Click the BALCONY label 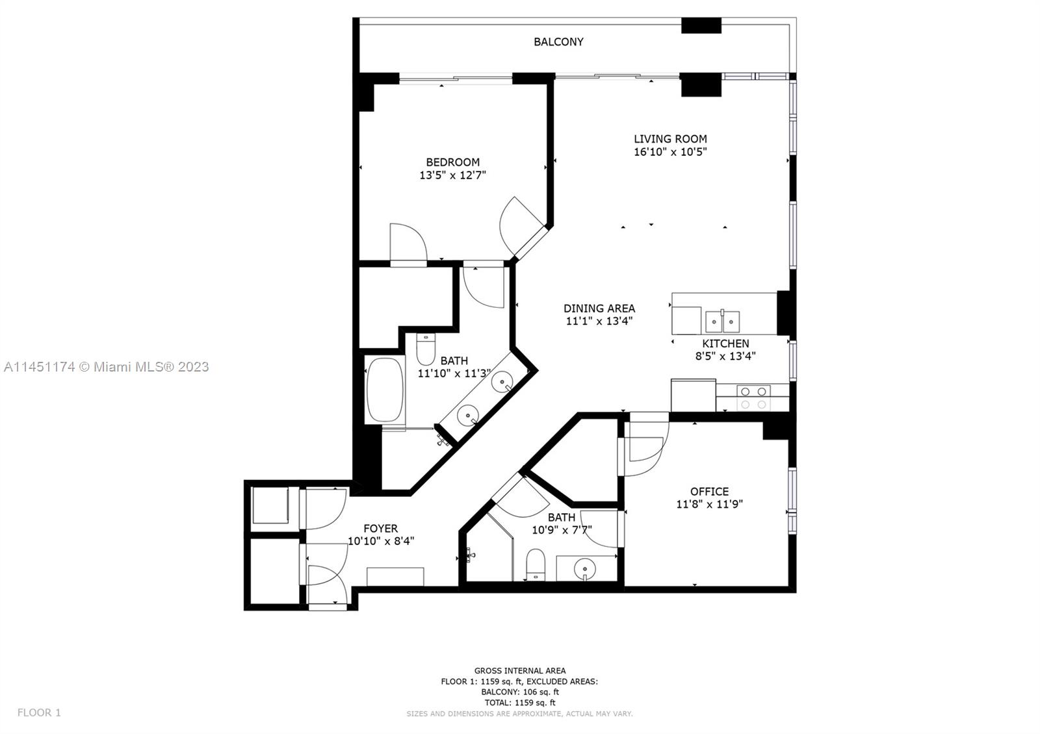click(x=558, y=42)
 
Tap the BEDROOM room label click(x=452, y=162)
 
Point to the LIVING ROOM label click(x=670, y=139)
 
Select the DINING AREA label click(x=599, y=308)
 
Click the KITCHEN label click(x=725, y=344)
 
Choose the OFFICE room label click(x=709, y=491)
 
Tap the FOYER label click(x=380, y=529)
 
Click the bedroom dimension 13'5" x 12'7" click(x=452, y=175)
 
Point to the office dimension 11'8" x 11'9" click(x=709, y=504)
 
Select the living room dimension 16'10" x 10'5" click(x=670, y=152)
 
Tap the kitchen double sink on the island click(x=722, y=321)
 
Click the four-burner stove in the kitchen click(x=753, y=398)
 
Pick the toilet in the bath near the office click(x=536, y=564)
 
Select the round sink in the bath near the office click(x=584, y=568)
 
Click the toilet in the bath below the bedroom click(x=425, y=349)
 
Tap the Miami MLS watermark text click(x=107, y=367)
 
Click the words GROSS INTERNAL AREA click(x=519, y=670)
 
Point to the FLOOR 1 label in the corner click(x=39, y=712)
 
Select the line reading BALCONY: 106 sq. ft click(x=519, y=692)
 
